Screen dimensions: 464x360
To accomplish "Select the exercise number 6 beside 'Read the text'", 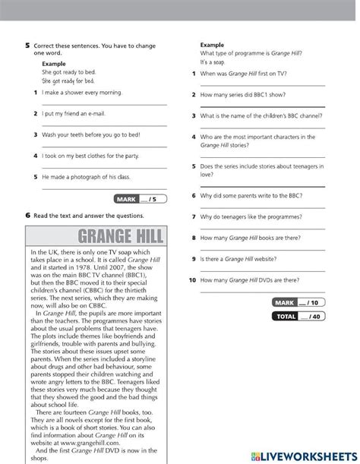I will tap(27, 215).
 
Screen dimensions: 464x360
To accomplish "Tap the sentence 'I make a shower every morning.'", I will tap(82, 93).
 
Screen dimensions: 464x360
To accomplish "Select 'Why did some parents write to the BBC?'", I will tap(252, 195).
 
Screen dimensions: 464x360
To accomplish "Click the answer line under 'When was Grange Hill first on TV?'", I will tap(262, 86).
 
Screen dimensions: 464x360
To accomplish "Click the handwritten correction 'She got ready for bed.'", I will tap(68, 80).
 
